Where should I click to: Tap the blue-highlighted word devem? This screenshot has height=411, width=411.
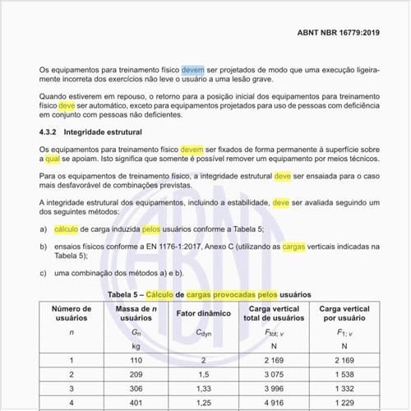point(195,72)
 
